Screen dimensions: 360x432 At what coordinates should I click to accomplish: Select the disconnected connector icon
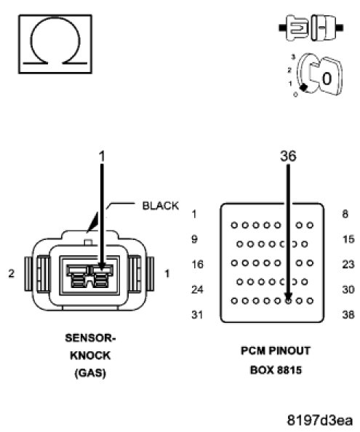click(311, 28)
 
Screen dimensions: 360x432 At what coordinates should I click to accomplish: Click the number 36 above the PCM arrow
click(289, 156)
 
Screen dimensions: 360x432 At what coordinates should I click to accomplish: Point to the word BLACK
click(160, 206)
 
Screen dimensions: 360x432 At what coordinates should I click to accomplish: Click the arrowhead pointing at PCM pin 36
click(289, 297)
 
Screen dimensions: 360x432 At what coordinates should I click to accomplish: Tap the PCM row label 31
click(197, 315)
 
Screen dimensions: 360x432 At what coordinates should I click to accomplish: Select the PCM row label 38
click(348, 315)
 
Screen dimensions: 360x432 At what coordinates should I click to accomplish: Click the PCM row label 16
click(197, 265)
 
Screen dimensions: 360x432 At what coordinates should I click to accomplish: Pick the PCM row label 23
click(348, 265)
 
